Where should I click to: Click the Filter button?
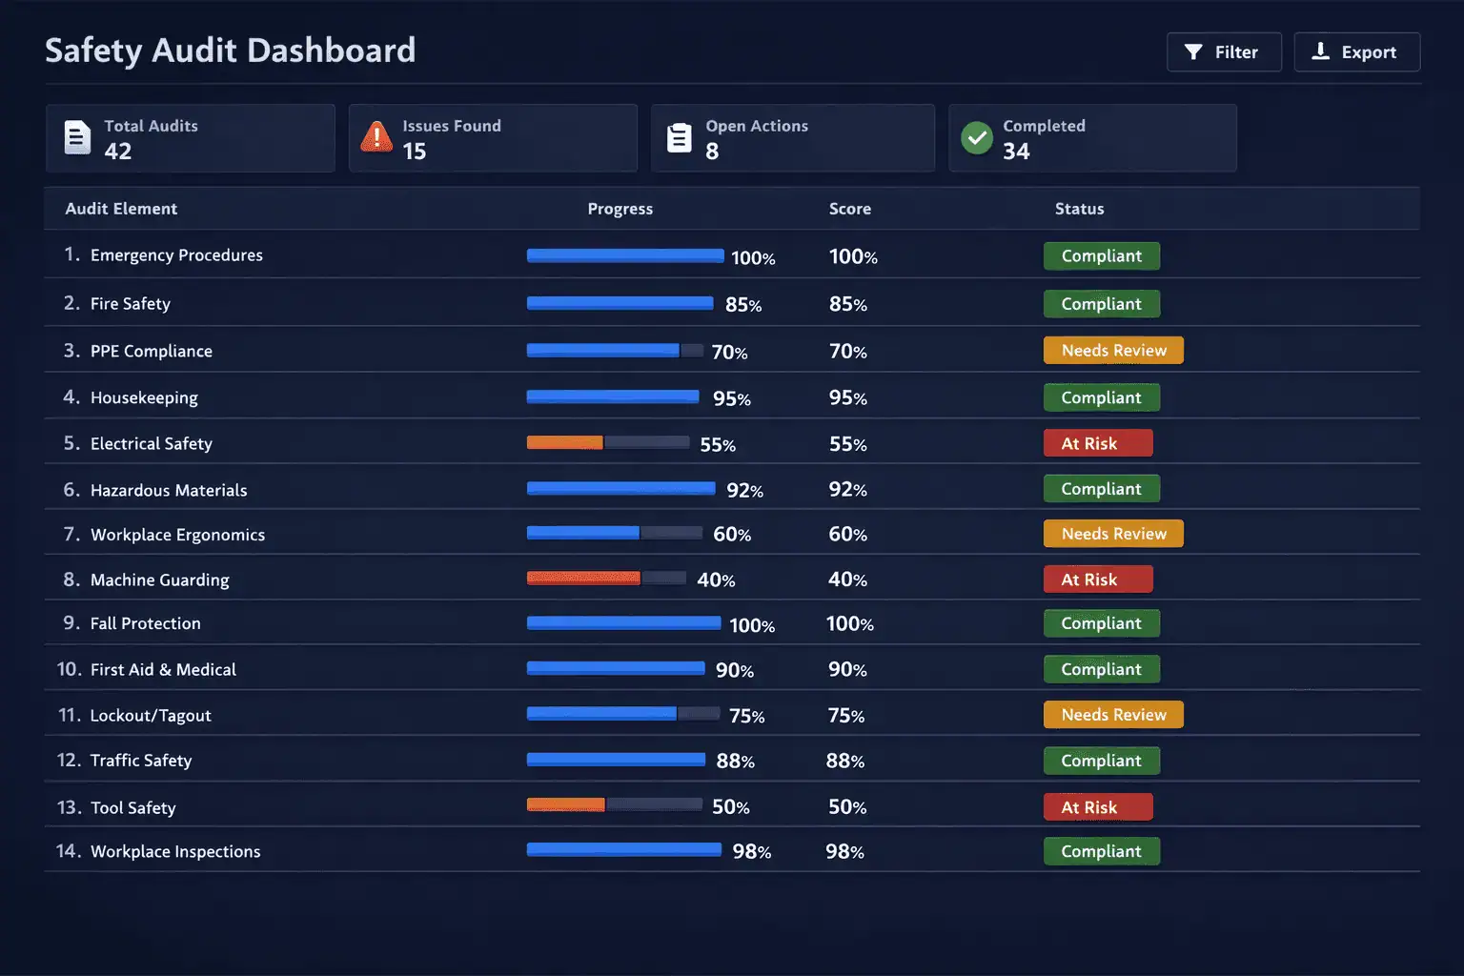pyautogui.click(x=1223, y=52)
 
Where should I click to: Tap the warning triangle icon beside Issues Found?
pyautogui.click(x=376, y=137)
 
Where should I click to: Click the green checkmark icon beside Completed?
pyautogui.click(x=976, y=138)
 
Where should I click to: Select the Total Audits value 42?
pyautogui.click(x=118, y=152)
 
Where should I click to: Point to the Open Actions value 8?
pyautogui.click(x=712, y=152)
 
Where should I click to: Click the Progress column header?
pyautogui.click(x=620, y=209)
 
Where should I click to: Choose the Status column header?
pyautogui.click(x=1079, y=209)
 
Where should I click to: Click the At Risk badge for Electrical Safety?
pyautogui.click(x=1097, y=443)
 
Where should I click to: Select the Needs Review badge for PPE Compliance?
pyautogui.click(x=1112, y=351)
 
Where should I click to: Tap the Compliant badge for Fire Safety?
pyautogui.click(x=1101, y=304)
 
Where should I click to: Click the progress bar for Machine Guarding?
pyautogui.click(x=606, y=578)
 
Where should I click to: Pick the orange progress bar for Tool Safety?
pyautogui.click(x=566, y=805)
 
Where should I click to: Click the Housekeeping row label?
pyautogui.click(x=144, y=397)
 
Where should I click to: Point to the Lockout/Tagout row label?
pyautogui.click(x=151, y=716)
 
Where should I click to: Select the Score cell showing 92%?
pyautogui.click(x=847, y=490)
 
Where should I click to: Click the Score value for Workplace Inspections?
pyautogui.click(x=844, y=852)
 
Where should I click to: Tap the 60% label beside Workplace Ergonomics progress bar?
pyautogui.click(x=732, y=535)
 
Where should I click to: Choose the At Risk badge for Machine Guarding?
pyautogui.click(x=1097, y=579)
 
